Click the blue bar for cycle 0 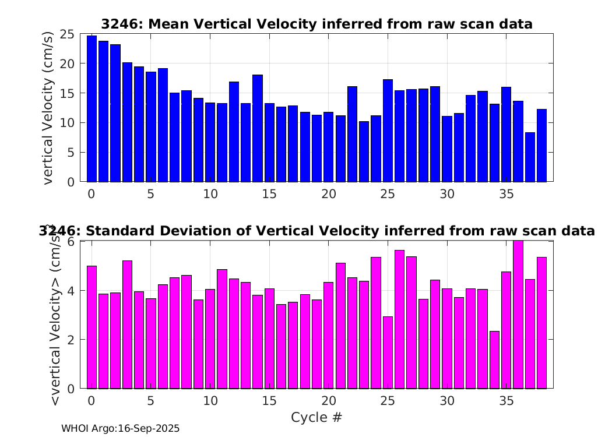[x=92, y=109]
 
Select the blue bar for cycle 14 [x=258, y=128]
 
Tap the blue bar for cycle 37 [x=530, y=157]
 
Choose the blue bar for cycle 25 [x=388, y=131]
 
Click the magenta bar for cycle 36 [x=518, y=315]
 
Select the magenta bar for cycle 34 [x=494, y=360]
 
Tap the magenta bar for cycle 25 [x=388, y=353]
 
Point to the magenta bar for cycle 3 [x=127, y=325]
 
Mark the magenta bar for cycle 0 [x=92, y=327]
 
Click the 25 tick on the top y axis [x=67, y=34]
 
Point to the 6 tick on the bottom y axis [x=71, y=242]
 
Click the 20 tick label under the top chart [x=329, y=194]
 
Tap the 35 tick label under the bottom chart [x=507, y=401]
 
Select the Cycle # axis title [x=316, y=417]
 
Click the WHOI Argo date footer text [x=121, y=428]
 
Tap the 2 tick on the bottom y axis [x=71, y=340]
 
